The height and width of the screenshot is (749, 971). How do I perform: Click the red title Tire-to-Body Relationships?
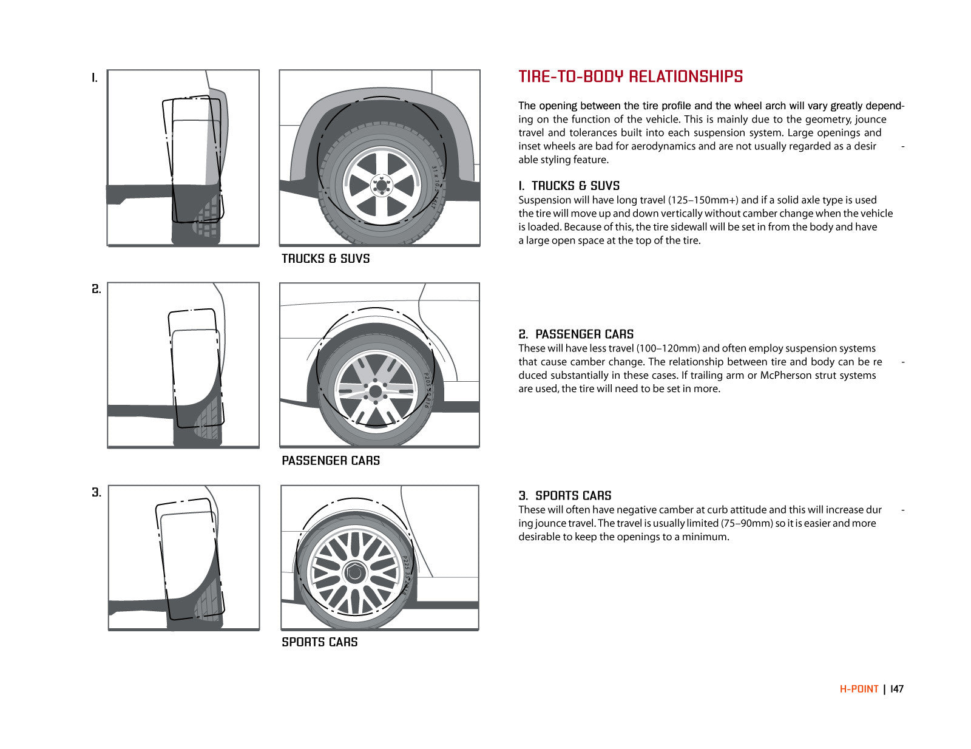click(631, 76)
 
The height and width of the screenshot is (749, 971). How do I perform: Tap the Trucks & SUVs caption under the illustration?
click(326, 259)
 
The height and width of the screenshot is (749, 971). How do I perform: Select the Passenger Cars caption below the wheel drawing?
click(331, 461)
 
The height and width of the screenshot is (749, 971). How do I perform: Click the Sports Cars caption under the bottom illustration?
click(320, 642)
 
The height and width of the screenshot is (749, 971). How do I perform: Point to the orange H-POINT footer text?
click(859, 689)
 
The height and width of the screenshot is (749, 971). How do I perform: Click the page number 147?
click(897, 689)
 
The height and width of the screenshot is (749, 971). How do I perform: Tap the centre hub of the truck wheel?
click(382, 185)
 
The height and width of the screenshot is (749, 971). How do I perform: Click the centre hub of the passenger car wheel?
click(375, 391)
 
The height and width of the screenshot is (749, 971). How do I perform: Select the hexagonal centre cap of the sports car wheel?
click(354, 572)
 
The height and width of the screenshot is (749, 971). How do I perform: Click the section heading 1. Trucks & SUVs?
click(569, 186)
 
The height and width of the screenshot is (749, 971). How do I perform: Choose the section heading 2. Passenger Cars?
click(576, 334)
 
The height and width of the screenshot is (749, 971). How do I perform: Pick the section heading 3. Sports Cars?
click(565, 495)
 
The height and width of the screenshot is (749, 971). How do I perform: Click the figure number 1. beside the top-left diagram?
click(95, 78)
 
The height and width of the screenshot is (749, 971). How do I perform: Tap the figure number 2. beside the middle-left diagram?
click(96, 289)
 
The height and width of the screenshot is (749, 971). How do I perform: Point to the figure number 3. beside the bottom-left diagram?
click(96, 492)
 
